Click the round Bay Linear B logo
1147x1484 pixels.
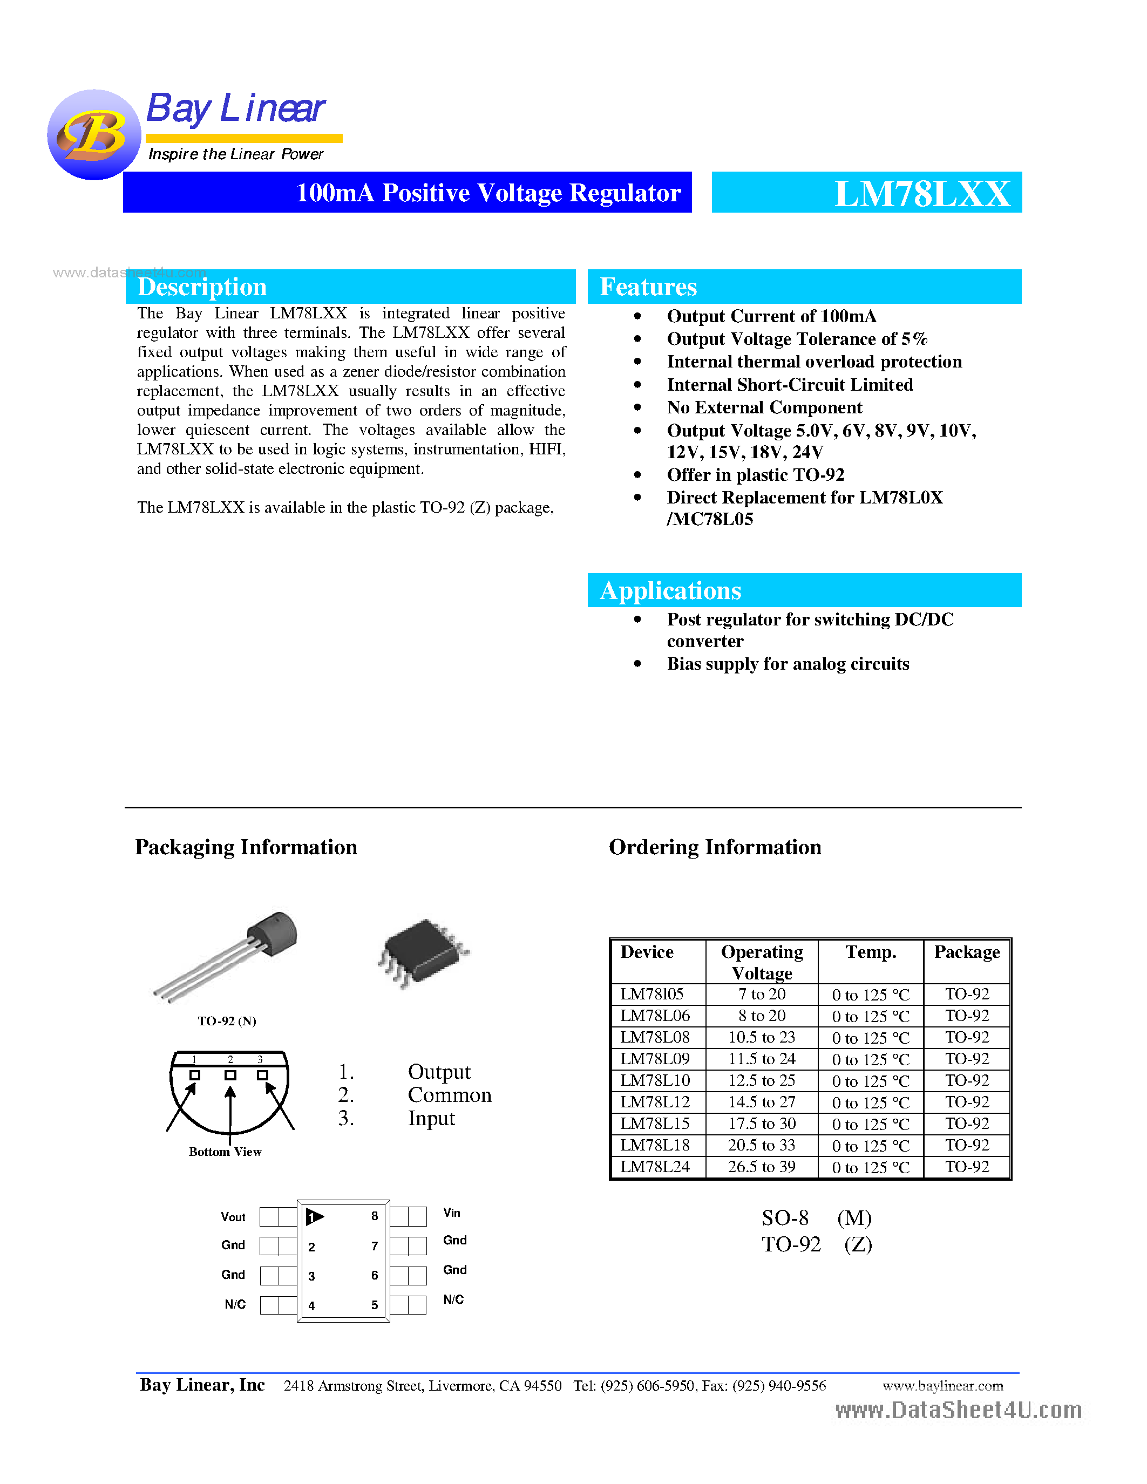click(x=94, y=134)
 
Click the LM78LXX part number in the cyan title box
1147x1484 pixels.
click(x=921, y=194)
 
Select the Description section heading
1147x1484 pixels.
click(x=202, y=287)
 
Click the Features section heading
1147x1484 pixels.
click(x=648, y=287)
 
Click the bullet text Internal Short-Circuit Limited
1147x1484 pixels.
click(x=790, y=385)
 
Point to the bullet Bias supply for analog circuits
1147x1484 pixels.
click(x=788, y=664)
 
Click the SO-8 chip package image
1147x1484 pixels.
click(x=423, y=951)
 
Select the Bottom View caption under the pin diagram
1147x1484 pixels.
click(x=225, y=1152)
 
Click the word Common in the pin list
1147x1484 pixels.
click(x=449, y=1095)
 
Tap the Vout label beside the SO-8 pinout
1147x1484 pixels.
click(x=233, y=1217)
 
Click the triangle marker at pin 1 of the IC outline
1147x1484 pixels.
click(x=315, y=1216)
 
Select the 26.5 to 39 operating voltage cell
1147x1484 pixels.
click(x=761, y=1167)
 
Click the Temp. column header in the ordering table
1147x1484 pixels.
click(x=871, y=952)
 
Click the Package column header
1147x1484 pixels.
click(x=966, y=952)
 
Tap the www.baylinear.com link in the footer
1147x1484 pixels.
click(x=942, y=1385)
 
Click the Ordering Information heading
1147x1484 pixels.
click(x=715, y=847)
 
